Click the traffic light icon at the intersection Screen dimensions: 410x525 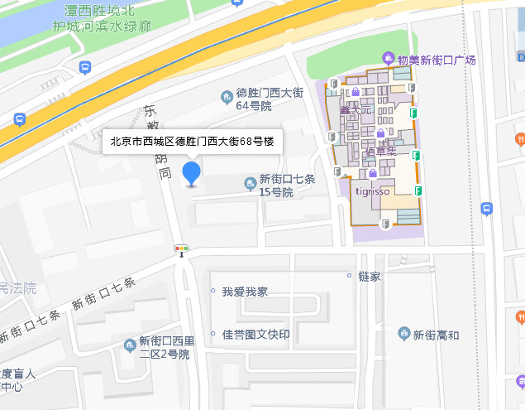tap(181, 248)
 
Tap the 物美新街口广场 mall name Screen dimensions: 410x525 tap(436, 60)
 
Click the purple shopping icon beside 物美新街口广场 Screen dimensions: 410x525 tap(387, 58)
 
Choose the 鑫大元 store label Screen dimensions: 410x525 tap(356, 110)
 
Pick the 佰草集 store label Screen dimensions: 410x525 tap(381, 152)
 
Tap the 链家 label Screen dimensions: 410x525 tap(370, 276)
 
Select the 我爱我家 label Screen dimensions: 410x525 tap(244, 292)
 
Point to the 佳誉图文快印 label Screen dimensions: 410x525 tap(256, 335)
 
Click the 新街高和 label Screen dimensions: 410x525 tap(436, 335)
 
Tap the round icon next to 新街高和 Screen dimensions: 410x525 tap(403, 334)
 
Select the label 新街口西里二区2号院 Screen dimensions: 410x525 tap(165, 347)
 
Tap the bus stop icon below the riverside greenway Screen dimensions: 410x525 tap(84, 66)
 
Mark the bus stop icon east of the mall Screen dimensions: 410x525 tap(486, 209)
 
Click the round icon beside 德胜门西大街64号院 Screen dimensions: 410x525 tap(226, 99)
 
